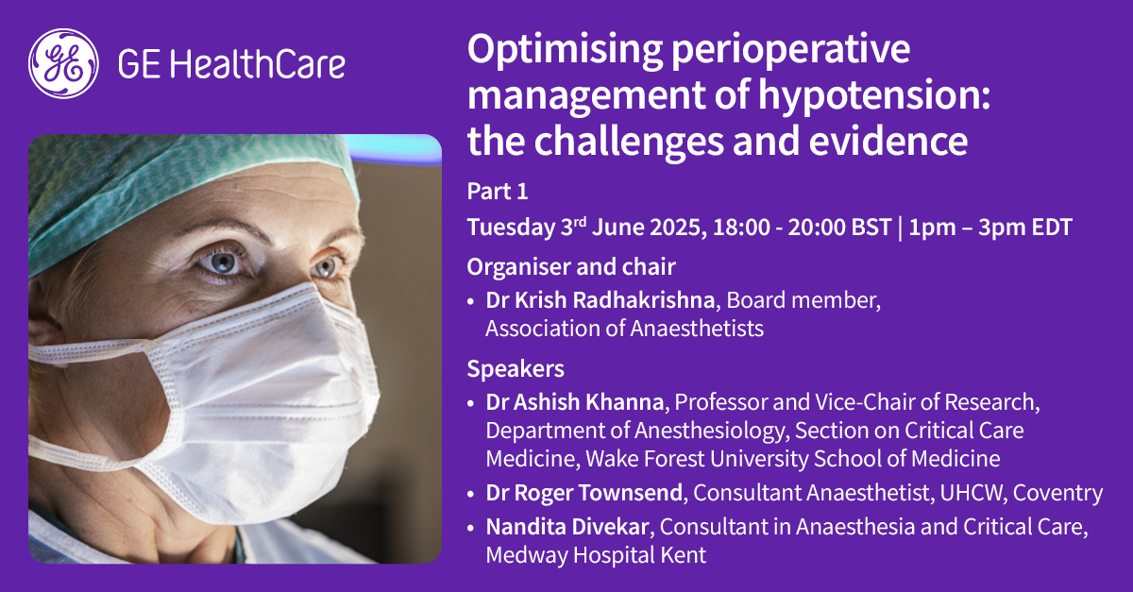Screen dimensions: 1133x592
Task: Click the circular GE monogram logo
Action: click(x=63, y=64)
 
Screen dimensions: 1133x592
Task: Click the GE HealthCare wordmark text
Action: click(x=231, y=64)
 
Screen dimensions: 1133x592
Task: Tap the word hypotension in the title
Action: click(x=873, y=96)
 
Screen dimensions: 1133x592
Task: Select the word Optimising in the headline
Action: click(x=565, y=51)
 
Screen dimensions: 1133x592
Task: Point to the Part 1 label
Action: click(x=498, y=192)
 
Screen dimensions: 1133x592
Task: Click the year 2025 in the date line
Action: click(x=678, y=227)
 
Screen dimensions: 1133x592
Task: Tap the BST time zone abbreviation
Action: click(x=871, y=227)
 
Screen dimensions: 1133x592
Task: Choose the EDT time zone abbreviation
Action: click(x=1052, y=227)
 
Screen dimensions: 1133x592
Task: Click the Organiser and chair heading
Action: click(x=571, y=267)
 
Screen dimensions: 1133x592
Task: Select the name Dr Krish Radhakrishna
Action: click(x=600, y=300)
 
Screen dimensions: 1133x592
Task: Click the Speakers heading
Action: click(x=516, y=368)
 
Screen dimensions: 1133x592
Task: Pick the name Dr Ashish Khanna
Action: click(x=575, y=402)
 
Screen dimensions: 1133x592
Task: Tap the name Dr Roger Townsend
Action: click(x=584, y=493)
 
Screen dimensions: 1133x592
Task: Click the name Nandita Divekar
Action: click(x=567, y=527)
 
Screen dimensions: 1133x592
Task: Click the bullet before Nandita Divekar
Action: click(x=471, y=528)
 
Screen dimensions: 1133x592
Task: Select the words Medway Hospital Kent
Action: click(x=596, y=555)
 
